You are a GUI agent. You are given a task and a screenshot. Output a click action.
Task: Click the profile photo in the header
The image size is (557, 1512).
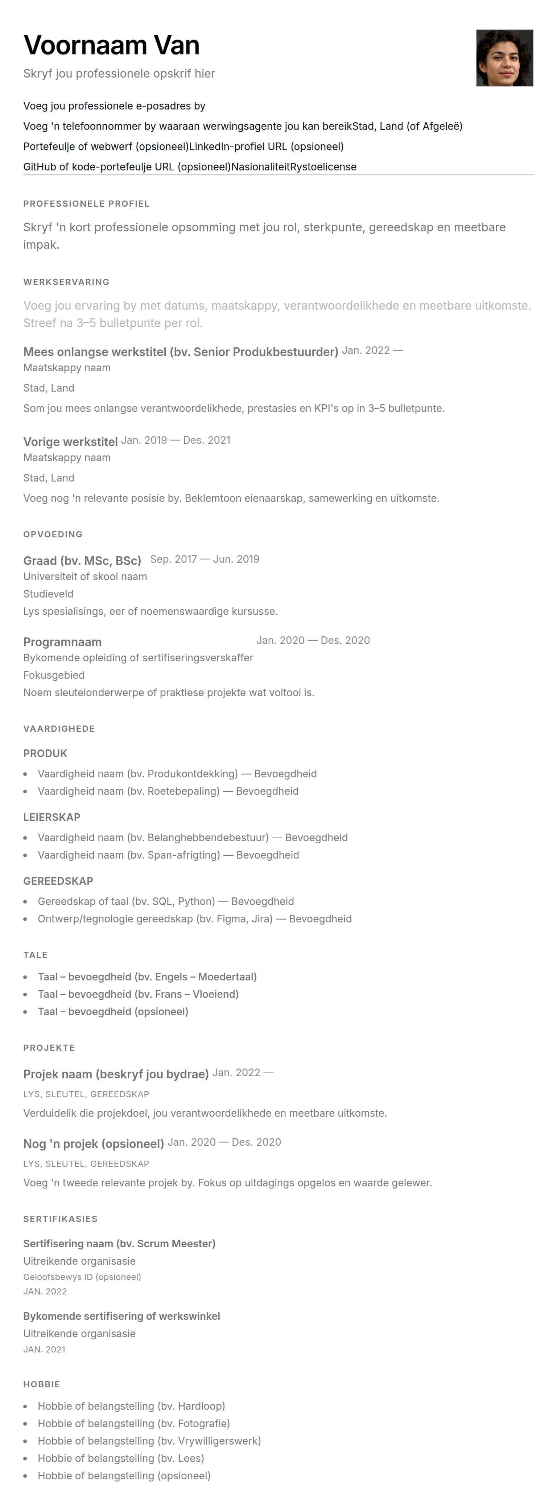[x=504, y=58]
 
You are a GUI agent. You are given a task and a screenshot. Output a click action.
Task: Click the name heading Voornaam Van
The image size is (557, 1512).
[x=112, y=45]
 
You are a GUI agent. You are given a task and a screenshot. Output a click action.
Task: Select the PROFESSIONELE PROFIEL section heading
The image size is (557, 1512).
[x=86, y=204]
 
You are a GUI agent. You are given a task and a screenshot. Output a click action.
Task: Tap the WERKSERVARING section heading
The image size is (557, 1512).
[x=66, y=282]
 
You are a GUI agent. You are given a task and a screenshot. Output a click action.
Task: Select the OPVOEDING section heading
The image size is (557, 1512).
[x=53, y=534]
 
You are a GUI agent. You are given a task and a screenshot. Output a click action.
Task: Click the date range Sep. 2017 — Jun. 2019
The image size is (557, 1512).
[x=204, y=559]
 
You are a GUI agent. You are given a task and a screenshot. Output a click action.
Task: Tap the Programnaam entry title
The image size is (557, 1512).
[x=62, y=641]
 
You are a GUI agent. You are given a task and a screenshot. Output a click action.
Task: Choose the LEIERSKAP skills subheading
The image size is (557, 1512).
[x=51, y=817]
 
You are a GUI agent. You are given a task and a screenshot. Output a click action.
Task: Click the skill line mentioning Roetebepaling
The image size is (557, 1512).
[x=168, y=791]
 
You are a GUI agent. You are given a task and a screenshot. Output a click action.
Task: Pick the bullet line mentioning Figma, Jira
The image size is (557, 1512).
[x=194, y=918]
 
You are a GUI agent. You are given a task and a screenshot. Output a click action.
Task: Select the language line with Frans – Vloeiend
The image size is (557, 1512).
[x=138, y=994]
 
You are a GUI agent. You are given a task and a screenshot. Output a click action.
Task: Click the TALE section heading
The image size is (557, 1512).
[x=35, y=955]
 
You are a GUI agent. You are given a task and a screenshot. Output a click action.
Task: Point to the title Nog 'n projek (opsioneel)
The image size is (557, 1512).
[x=93, y=1143]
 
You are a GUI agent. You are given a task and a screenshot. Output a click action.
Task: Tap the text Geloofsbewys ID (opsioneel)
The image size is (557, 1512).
[x=82, y=1277]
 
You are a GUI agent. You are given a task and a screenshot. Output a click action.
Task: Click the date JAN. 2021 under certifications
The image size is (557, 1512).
[x=45, y=1350]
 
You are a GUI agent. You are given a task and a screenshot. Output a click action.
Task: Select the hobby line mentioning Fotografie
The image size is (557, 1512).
[x=134, y=1424]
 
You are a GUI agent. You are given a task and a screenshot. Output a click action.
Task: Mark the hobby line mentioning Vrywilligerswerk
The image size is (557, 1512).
[x=149, y=1441]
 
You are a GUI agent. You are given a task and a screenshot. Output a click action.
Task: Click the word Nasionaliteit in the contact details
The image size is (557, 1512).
[x=260, y=167]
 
